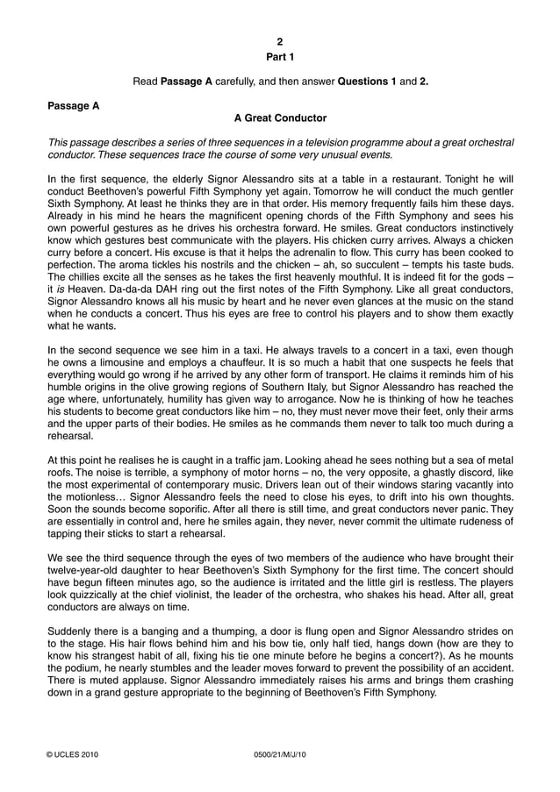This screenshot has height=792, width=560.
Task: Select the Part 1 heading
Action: coord(280,57)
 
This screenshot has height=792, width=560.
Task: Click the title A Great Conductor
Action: coord(280,118)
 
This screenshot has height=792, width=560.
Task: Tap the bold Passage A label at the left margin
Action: coord(73,105)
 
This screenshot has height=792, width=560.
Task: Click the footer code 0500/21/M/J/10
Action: coord(280,754)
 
